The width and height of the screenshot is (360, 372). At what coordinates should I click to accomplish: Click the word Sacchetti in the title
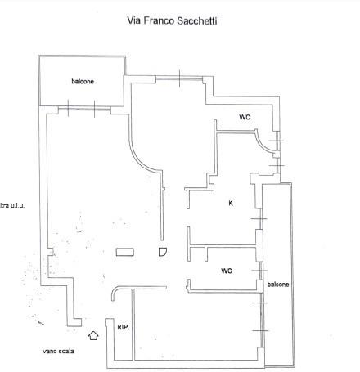tap(197, 21)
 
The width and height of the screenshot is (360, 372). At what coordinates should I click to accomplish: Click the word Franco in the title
tap(159, 20)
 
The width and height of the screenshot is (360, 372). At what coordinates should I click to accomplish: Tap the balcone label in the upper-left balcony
tap(83, 81)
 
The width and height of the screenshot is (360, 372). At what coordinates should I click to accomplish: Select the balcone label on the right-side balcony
tap(278, 285)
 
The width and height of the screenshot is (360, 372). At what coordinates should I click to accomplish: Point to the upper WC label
tap(245, 117)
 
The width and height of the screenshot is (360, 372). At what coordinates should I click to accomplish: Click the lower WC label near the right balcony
tap(227, 271)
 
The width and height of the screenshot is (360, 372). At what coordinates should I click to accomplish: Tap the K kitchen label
tap(231, 203)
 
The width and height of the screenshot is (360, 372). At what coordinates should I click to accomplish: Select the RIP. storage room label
tap(124, 327)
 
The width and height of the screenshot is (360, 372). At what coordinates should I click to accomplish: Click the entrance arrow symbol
tap(93, 335)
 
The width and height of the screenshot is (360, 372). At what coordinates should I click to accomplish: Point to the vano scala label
tap(58, 351)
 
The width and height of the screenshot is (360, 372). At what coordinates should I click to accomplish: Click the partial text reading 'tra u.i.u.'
tap(12, 205)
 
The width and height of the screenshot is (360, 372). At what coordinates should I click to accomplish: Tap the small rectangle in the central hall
tap(125, 252)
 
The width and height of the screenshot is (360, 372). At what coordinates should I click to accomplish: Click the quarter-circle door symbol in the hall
tap(163, 252)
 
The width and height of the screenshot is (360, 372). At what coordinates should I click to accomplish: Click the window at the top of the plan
tap(179, 78)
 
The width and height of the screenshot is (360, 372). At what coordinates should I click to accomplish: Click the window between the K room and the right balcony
tap(260, 219)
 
